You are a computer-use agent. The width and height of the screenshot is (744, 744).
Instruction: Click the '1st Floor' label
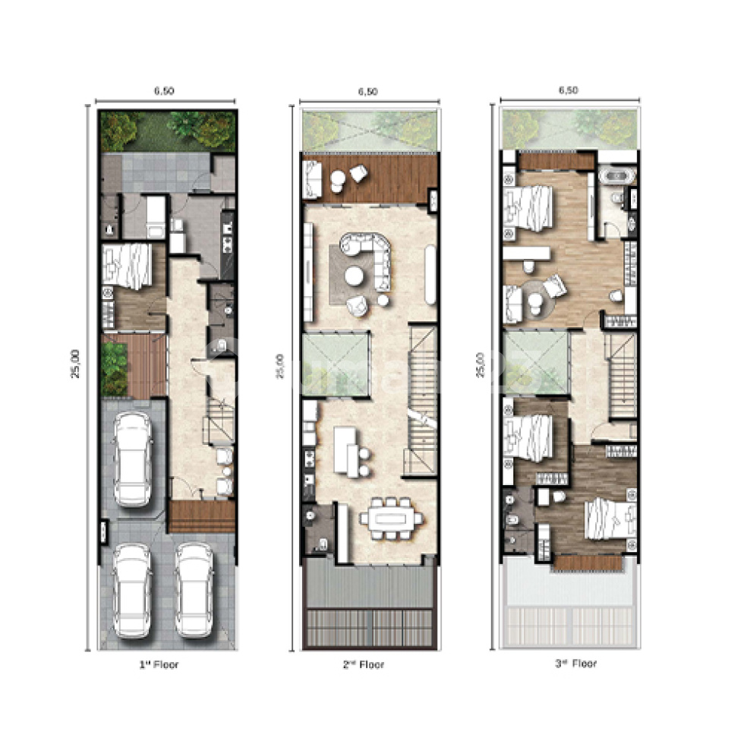159,665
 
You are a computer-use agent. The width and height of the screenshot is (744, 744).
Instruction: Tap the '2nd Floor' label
364,665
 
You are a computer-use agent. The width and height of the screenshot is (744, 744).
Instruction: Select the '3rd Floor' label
576,664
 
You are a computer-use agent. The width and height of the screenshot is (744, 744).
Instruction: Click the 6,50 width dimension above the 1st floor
164,90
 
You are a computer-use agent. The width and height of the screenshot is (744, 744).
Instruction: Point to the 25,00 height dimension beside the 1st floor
75,364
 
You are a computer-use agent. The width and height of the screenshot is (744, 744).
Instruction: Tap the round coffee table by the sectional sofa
354,276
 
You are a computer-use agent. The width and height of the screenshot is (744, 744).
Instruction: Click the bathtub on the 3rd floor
616,176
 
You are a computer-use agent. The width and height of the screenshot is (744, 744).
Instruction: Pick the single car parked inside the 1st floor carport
133,459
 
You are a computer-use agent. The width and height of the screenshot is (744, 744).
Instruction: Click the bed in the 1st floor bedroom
127,266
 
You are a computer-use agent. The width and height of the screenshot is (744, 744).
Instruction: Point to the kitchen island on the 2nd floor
345,449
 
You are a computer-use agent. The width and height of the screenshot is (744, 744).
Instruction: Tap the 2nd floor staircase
422,399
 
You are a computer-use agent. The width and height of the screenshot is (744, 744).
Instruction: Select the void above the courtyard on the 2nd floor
336,364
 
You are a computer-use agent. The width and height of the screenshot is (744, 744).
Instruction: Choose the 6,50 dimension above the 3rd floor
569,90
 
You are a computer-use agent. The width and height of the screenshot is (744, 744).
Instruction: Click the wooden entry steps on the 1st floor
202,517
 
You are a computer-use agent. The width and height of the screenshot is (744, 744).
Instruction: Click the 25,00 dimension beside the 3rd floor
480,365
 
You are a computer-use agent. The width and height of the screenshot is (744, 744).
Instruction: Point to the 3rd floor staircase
622,375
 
